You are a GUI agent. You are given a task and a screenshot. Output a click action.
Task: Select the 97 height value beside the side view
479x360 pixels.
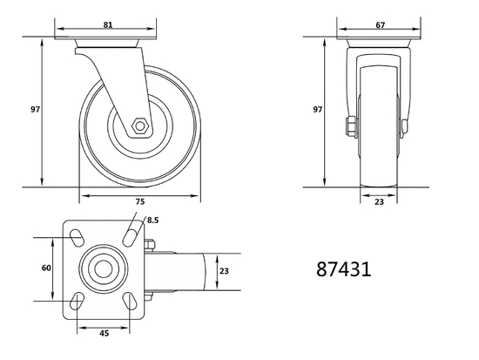pos(36,110)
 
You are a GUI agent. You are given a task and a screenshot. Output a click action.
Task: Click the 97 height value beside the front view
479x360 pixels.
pos(318,110)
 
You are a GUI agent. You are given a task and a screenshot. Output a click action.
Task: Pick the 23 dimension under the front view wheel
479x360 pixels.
pos(380,201)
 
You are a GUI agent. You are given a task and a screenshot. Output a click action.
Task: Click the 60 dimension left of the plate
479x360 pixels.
pos(46,268)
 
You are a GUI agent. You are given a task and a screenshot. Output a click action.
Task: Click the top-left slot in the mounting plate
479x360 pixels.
pos(77,235)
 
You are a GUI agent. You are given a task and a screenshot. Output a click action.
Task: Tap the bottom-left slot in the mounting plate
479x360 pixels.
pos(77,302)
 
